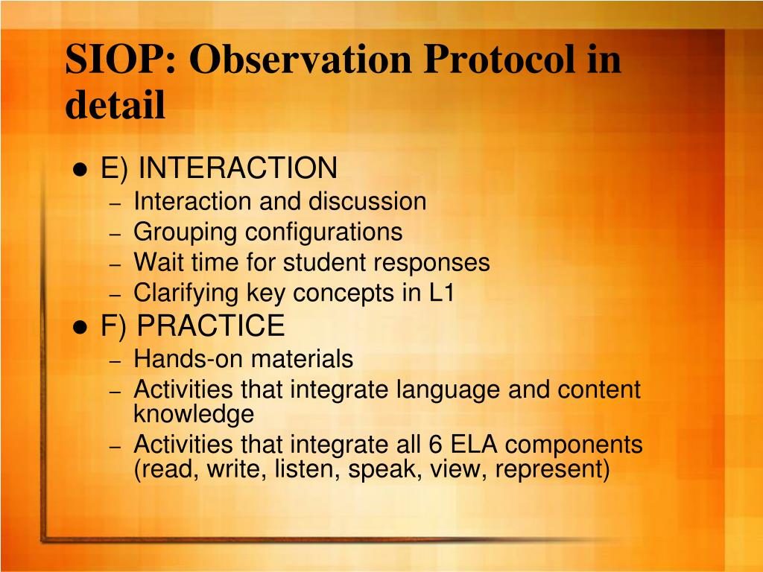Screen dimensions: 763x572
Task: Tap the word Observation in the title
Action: point(300,60)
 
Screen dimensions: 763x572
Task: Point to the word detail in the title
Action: point(115,104)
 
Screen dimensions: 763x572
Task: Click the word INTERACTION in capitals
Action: point(238,168)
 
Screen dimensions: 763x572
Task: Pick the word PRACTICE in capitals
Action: point(211,325)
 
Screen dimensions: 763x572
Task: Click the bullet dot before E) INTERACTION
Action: point(80,170)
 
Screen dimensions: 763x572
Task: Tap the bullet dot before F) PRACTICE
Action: point(80,328)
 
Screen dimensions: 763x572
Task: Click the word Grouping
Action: point(185,233)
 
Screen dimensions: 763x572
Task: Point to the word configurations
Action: point(323,233)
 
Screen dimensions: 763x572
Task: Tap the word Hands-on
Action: point(188,359)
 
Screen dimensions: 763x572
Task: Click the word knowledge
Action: point(194,414)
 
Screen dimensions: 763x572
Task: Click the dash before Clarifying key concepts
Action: point(115,295)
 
